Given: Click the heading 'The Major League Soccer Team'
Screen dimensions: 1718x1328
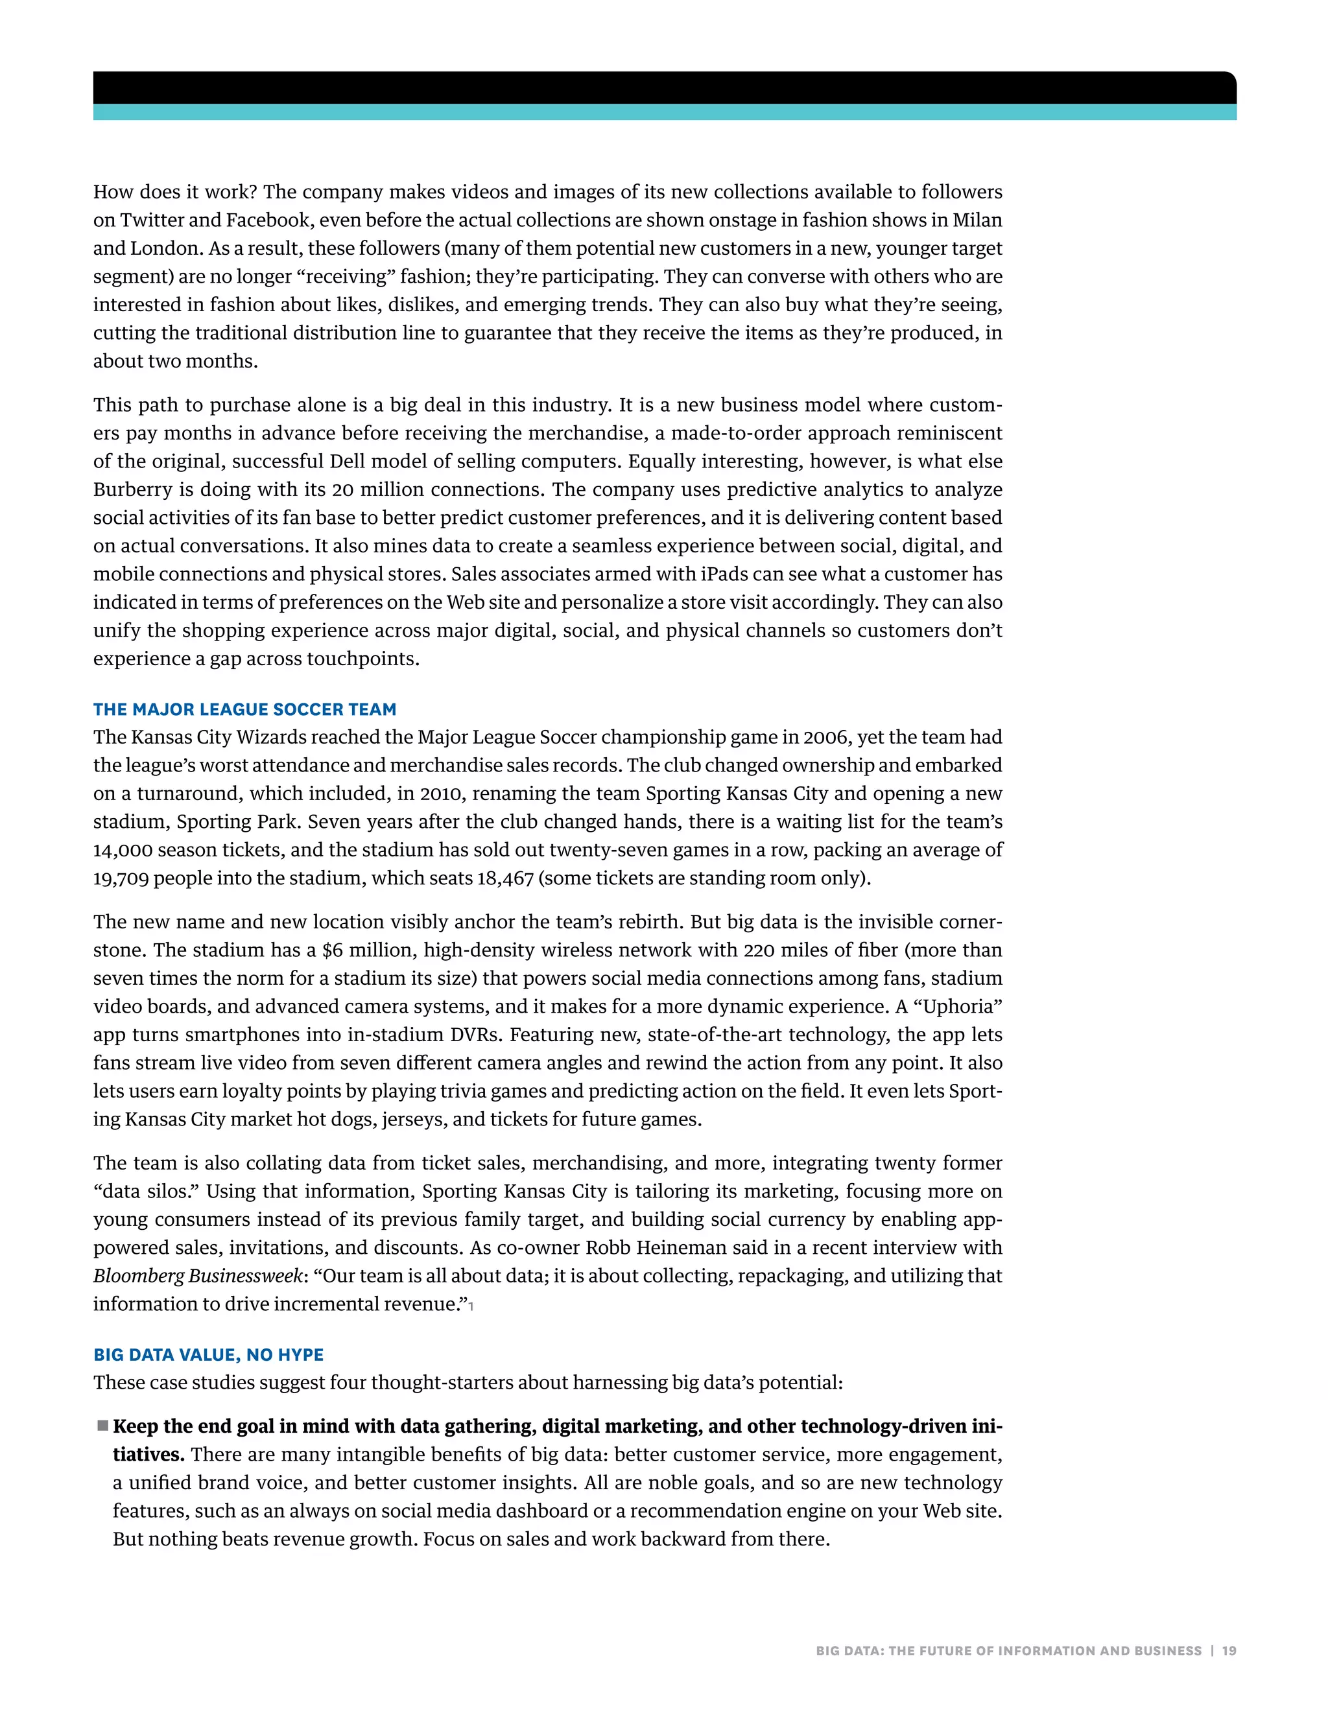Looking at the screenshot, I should point(244,709).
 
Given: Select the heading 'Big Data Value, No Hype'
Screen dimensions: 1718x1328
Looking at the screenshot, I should point(209,1354).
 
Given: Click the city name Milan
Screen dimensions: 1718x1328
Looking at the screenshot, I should point(977,220).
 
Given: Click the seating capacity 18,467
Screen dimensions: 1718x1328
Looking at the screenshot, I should point(505,878).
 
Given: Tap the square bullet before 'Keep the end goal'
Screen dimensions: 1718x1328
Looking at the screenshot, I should point(102,1426).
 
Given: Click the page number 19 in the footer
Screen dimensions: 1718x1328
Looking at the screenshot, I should point(1229,1651).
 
